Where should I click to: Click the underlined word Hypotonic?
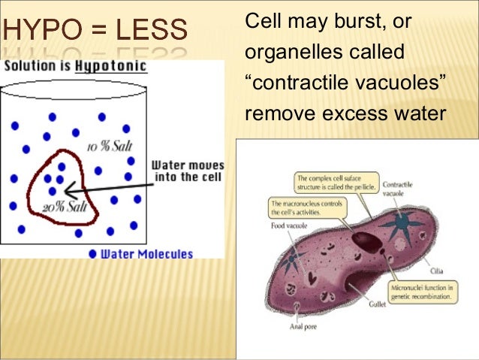116,67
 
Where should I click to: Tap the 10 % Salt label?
109,146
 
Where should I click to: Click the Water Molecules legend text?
146,254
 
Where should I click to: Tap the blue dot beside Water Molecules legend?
92,254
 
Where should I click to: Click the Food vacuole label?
286,224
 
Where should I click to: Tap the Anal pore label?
305,327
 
